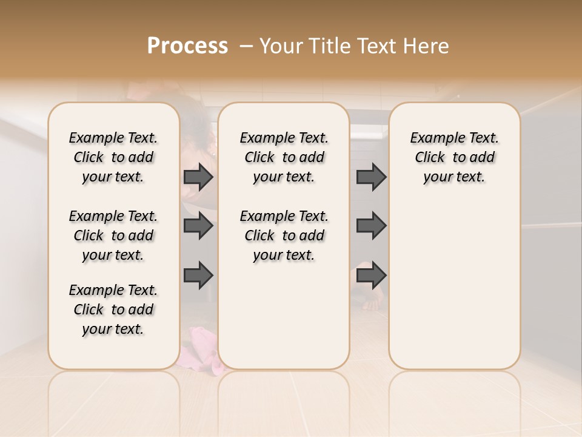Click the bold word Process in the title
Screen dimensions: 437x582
coord(188,46)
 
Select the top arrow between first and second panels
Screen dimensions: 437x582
coord(198,177)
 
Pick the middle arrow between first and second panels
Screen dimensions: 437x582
coord(198,226)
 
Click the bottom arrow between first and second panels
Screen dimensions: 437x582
coord(198,275)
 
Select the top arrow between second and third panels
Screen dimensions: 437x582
coord(371,177)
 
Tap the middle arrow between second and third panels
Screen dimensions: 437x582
coord(371,226)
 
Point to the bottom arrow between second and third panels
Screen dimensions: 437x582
coord(371,275)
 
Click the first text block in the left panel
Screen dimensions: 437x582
coord(113,157)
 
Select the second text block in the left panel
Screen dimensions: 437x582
coord(113,235)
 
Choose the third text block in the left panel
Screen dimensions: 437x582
coord(113,310)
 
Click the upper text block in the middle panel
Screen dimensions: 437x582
coord(284,157)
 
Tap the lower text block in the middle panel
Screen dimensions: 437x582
coord(284,235)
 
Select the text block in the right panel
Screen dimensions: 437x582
coord(454,157)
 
